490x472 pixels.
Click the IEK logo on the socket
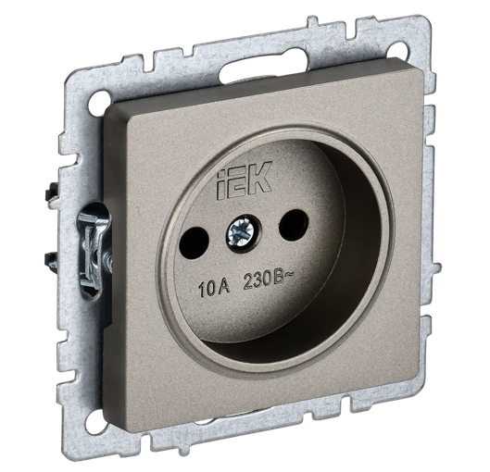click(x=244, y=180)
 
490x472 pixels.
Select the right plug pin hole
click(x=294, y=223)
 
